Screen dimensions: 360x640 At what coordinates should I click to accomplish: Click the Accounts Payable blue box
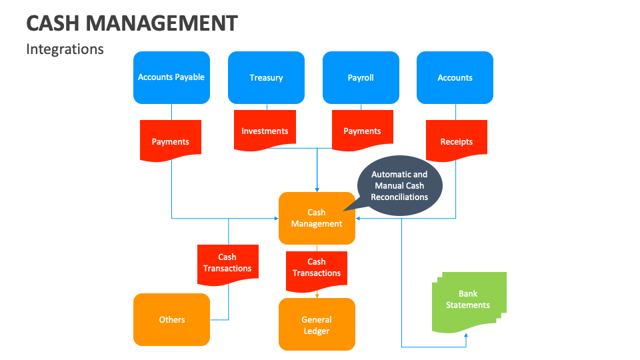click(x=171, y=77)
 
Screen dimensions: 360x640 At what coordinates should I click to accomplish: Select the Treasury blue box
click(x=266, y=77)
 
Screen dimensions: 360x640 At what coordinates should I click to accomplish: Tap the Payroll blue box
click(x=361, y=77)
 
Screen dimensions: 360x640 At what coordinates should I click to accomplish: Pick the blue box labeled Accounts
click(x=455, y=77)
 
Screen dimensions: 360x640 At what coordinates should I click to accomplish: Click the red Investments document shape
click(x=265, y=131)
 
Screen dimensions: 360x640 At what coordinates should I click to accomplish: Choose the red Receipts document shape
click(x=456, y=141)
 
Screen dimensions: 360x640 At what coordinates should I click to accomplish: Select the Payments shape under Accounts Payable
click(x=171, y=141)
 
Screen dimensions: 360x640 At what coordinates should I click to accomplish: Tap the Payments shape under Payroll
click(x=362, y=131)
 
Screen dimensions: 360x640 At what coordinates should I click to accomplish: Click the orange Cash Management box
click(x=317, y=218)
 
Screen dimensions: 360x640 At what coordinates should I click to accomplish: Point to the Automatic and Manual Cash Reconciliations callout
click(x=399, y=186)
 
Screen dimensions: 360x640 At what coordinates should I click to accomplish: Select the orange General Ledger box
click(x=317, y=325)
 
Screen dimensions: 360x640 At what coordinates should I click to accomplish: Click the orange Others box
click(x=171, y=319)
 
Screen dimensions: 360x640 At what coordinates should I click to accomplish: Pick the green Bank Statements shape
click(x=468, y=300)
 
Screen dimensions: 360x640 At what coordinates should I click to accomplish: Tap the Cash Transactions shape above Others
click(x=227, y=263)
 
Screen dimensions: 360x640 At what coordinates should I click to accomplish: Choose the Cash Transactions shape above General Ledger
click(x=317, y=267)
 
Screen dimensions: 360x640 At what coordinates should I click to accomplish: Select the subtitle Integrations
click(x=65, y=49)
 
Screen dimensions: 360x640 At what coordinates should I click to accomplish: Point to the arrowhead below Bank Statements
click(x=466, y=336)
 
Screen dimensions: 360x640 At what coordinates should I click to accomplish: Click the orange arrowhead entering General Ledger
click(x=317, y=295)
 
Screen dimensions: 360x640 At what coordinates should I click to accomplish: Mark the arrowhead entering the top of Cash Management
click(x=317, y=189)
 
